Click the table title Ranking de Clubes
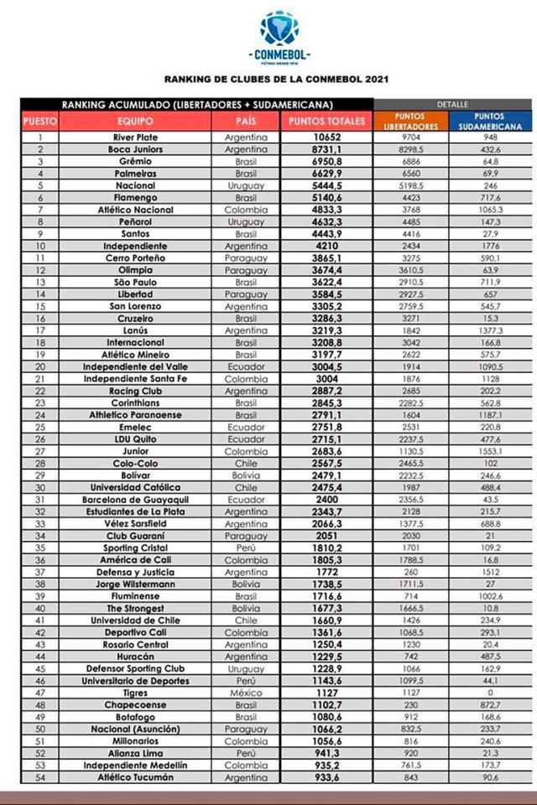tap(276, 80)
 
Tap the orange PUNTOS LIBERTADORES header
tap(410, 121)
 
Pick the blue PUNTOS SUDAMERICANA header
tap(488, 121)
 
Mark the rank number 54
tap(39, 778)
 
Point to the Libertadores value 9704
tap(410, 137)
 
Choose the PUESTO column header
tap(39, 121)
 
